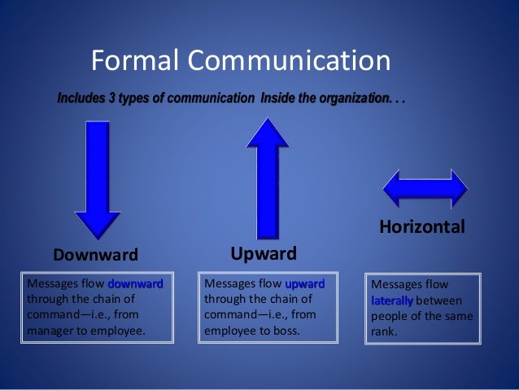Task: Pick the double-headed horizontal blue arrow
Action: point(425,188)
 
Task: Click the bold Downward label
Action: point(95,255)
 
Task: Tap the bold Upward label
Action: point(263,252)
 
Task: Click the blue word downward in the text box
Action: point(135,284)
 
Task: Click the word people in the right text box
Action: point(389,316)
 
